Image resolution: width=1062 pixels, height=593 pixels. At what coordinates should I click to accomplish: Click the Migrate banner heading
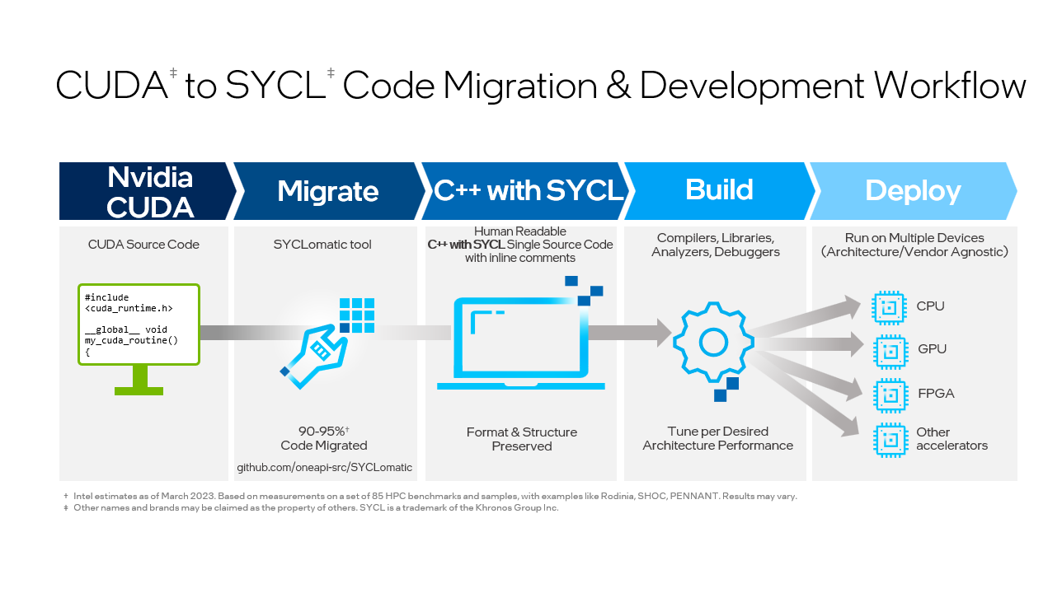[x=327, y=191]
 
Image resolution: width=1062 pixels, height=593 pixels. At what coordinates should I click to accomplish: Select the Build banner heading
[x=719, y=190]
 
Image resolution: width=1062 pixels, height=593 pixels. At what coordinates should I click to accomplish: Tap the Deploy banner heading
[x=913, y=191]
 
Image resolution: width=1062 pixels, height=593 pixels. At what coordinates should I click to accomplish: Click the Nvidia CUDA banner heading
[x=149, y=191]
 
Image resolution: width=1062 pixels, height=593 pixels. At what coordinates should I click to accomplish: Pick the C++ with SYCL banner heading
[x=529, y=190]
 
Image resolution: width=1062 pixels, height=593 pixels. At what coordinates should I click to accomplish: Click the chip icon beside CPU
[x=889, y=307]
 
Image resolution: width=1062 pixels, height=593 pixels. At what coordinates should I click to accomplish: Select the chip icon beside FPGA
[x=889, y=395]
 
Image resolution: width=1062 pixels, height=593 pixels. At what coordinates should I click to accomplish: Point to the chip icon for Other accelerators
[x=889, y=438]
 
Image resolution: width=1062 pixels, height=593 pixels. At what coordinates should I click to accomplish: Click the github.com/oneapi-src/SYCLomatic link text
[x=324, y=467]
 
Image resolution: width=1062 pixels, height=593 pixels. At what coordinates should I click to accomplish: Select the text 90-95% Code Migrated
[x=323, y=438]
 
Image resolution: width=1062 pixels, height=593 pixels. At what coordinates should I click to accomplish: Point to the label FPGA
[x=935, y=394]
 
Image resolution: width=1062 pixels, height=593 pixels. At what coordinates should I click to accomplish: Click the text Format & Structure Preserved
[x=521, y=439]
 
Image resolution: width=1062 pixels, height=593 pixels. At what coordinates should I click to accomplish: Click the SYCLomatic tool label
[x=322, y=245]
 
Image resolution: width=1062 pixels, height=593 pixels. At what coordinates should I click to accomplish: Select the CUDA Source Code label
[x=143, y=245]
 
